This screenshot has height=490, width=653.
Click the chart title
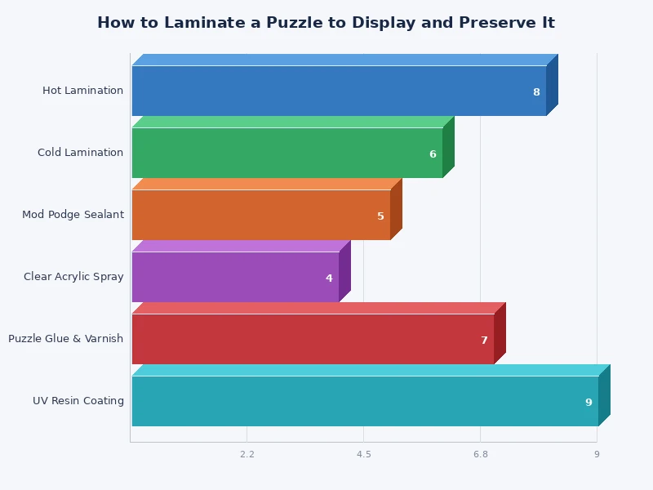point(326,23)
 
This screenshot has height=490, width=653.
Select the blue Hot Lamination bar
point(339,91)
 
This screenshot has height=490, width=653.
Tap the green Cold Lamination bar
point(287,153)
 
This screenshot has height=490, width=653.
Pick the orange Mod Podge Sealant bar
point(260,215)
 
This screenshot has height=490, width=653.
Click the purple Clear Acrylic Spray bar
point(235,277)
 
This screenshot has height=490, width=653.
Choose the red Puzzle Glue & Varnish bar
point(313,339)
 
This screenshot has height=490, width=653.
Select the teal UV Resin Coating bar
point(365,401)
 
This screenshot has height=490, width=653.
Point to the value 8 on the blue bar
point(536,92)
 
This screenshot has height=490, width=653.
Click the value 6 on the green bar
point(433,154)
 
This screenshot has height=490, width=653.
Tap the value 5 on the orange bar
point(380,216)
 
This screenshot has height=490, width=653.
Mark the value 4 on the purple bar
point(329,278)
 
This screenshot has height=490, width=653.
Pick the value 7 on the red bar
point(484,341)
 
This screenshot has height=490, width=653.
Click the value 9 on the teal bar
point(589,403)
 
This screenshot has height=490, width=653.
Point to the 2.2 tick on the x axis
point(247,454)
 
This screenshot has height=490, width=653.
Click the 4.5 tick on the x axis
point(363,454)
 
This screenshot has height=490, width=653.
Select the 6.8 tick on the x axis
point(480,454)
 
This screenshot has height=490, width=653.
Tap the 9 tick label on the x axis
point(597,454)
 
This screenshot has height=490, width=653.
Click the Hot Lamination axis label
point(83,91)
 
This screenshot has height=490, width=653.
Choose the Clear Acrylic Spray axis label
point(73,277)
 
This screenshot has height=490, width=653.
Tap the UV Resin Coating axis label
point(78,401)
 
